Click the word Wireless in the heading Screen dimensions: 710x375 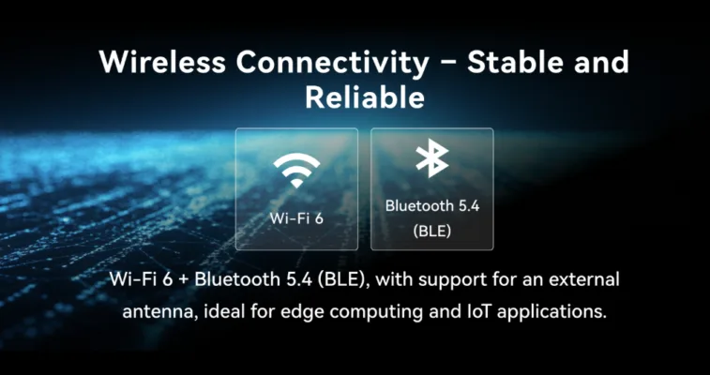coord(162,62)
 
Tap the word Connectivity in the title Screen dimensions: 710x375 coord(332,63)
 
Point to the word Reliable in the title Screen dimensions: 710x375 coord(365,97)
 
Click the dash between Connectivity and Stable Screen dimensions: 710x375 coord(447,65)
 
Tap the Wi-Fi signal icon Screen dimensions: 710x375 coord(296,170)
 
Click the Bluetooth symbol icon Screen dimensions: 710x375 coord(432,157)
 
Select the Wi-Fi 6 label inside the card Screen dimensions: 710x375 coord(296,218)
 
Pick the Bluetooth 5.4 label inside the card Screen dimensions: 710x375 coord(432,206)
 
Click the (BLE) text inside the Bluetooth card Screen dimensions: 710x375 coord(432,232)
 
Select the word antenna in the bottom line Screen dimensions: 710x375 coord(159,312)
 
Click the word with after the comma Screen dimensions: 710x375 coord(393,279)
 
